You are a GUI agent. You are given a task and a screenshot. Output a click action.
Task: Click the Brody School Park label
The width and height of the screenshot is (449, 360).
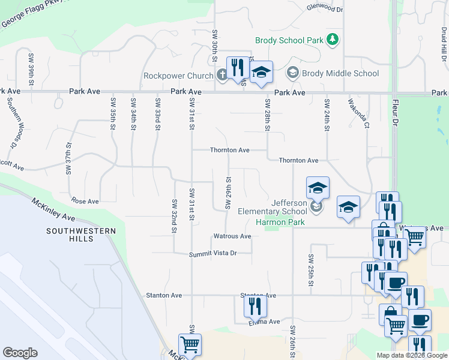289,41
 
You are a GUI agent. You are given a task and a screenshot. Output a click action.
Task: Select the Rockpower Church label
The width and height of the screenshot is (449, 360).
178,76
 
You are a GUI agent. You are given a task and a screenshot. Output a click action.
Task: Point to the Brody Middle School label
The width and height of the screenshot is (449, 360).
340,73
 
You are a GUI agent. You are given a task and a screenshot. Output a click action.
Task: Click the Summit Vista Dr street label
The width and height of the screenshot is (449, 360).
213,254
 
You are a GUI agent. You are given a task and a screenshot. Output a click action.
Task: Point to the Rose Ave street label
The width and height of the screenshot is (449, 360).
85,202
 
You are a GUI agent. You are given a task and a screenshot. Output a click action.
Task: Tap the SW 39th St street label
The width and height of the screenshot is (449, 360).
31,68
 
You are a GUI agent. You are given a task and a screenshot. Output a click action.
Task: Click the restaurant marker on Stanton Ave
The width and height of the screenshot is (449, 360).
255,306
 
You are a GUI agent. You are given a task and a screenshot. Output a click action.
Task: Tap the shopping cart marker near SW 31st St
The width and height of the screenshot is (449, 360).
190,345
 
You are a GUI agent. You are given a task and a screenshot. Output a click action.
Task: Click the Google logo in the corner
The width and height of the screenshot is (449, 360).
20,353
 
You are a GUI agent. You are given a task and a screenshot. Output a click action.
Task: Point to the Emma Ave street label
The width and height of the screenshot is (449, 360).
265,322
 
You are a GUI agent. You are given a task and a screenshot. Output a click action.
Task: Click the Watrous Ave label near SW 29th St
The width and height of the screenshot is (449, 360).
232,236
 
